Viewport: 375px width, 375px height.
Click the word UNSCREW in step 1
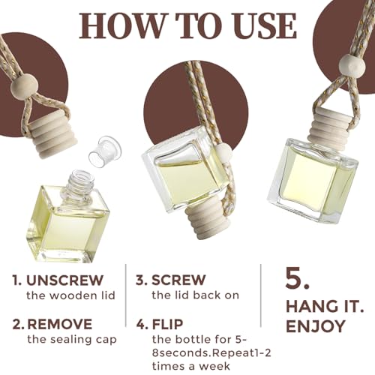(x=64, y=280)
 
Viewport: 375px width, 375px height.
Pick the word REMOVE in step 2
(x=60, y=324)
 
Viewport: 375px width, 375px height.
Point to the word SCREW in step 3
(x=178, y=280)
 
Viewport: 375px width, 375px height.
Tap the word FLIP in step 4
(x=167, y=324)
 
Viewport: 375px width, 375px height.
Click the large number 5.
(x=298, y=279)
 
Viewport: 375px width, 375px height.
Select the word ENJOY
(x=315, y=326)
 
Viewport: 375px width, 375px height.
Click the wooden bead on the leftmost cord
(x=21, y=87)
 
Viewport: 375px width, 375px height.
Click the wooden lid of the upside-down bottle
(x=207, y=223)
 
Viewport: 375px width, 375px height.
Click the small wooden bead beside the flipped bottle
(x=222, y=153)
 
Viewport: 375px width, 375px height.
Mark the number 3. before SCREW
(x=142, y=280)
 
